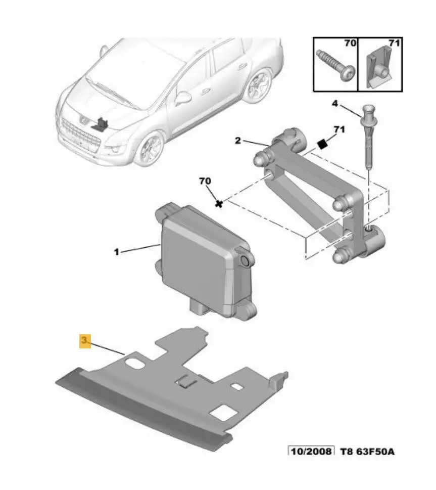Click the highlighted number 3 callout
pyautogui.click(x=85, y=340)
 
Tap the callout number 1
pyautogui.click(x=117, y=251)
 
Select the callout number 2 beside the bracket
pyautogui.click(x=238, y=141)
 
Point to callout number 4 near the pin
pyautogui.click(x=334, y=104)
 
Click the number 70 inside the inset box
pyautogui.click(x=350, y=43)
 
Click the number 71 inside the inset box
pyautogui.click(x=394, y=43)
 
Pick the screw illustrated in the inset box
pyautogui.click(x=336, y=65)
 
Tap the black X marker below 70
pyautogui.click(x=219, y=204)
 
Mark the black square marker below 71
pyautogui.click(x=322, y=145)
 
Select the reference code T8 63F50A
pyautogui.click(x=367, y=452)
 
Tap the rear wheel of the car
pyautogui.click(x=258, y=85)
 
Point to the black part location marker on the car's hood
pyautogui.click(x=100, y=124)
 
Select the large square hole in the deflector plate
pyautogui.click(x=223, y=413)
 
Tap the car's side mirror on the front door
pyautogui.click(x=183, y=98)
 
